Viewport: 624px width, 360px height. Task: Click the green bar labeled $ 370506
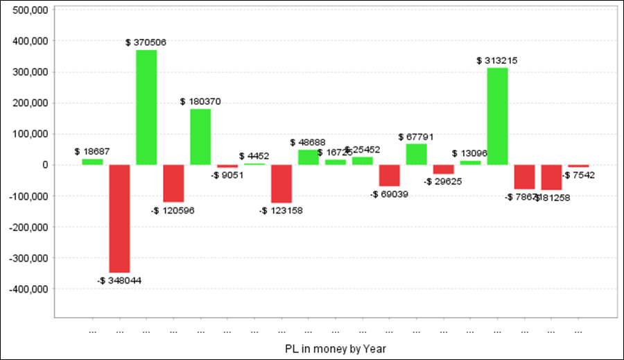click(x=146, y=108)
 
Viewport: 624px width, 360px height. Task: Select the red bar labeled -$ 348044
click(x=119, y=218)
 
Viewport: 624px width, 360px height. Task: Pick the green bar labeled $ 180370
click(x=200, y=137)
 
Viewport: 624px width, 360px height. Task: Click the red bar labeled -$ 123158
click(x=281, y=184)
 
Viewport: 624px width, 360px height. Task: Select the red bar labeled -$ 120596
click(x=173, y=183)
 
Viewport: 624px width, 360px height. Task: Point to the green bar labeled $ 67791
click(x=416, y=154)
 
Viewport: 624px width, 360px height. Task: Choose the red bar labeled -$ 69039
click(x=389, y=175)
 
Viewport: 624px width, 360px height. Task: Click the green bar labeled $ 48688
click(x=309, y=157)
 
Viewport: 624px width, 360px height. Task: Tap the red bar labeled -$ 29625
click(x=443, y=169)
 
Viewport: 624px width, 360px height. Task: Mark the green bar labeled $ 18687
click(x=92, y=162)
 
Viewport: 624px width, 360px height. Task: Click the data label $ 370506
click(x=146, y=42)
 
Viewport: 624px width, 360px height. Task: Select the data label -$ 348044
click(x=119, y=280)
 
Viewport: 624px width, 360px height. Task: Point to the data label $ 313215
click(x=497, y=61)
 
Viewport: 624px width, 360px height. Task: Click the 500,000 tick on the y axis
click(x=28, y=10)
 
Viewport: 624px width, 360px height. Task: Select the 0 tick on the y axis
click(x=43, y=165)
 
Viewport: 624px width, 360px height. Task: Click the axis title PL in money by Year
click(x=336, y=347)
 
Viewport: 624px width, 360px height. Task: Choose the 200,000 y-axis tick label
click(x=28, y=103)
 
